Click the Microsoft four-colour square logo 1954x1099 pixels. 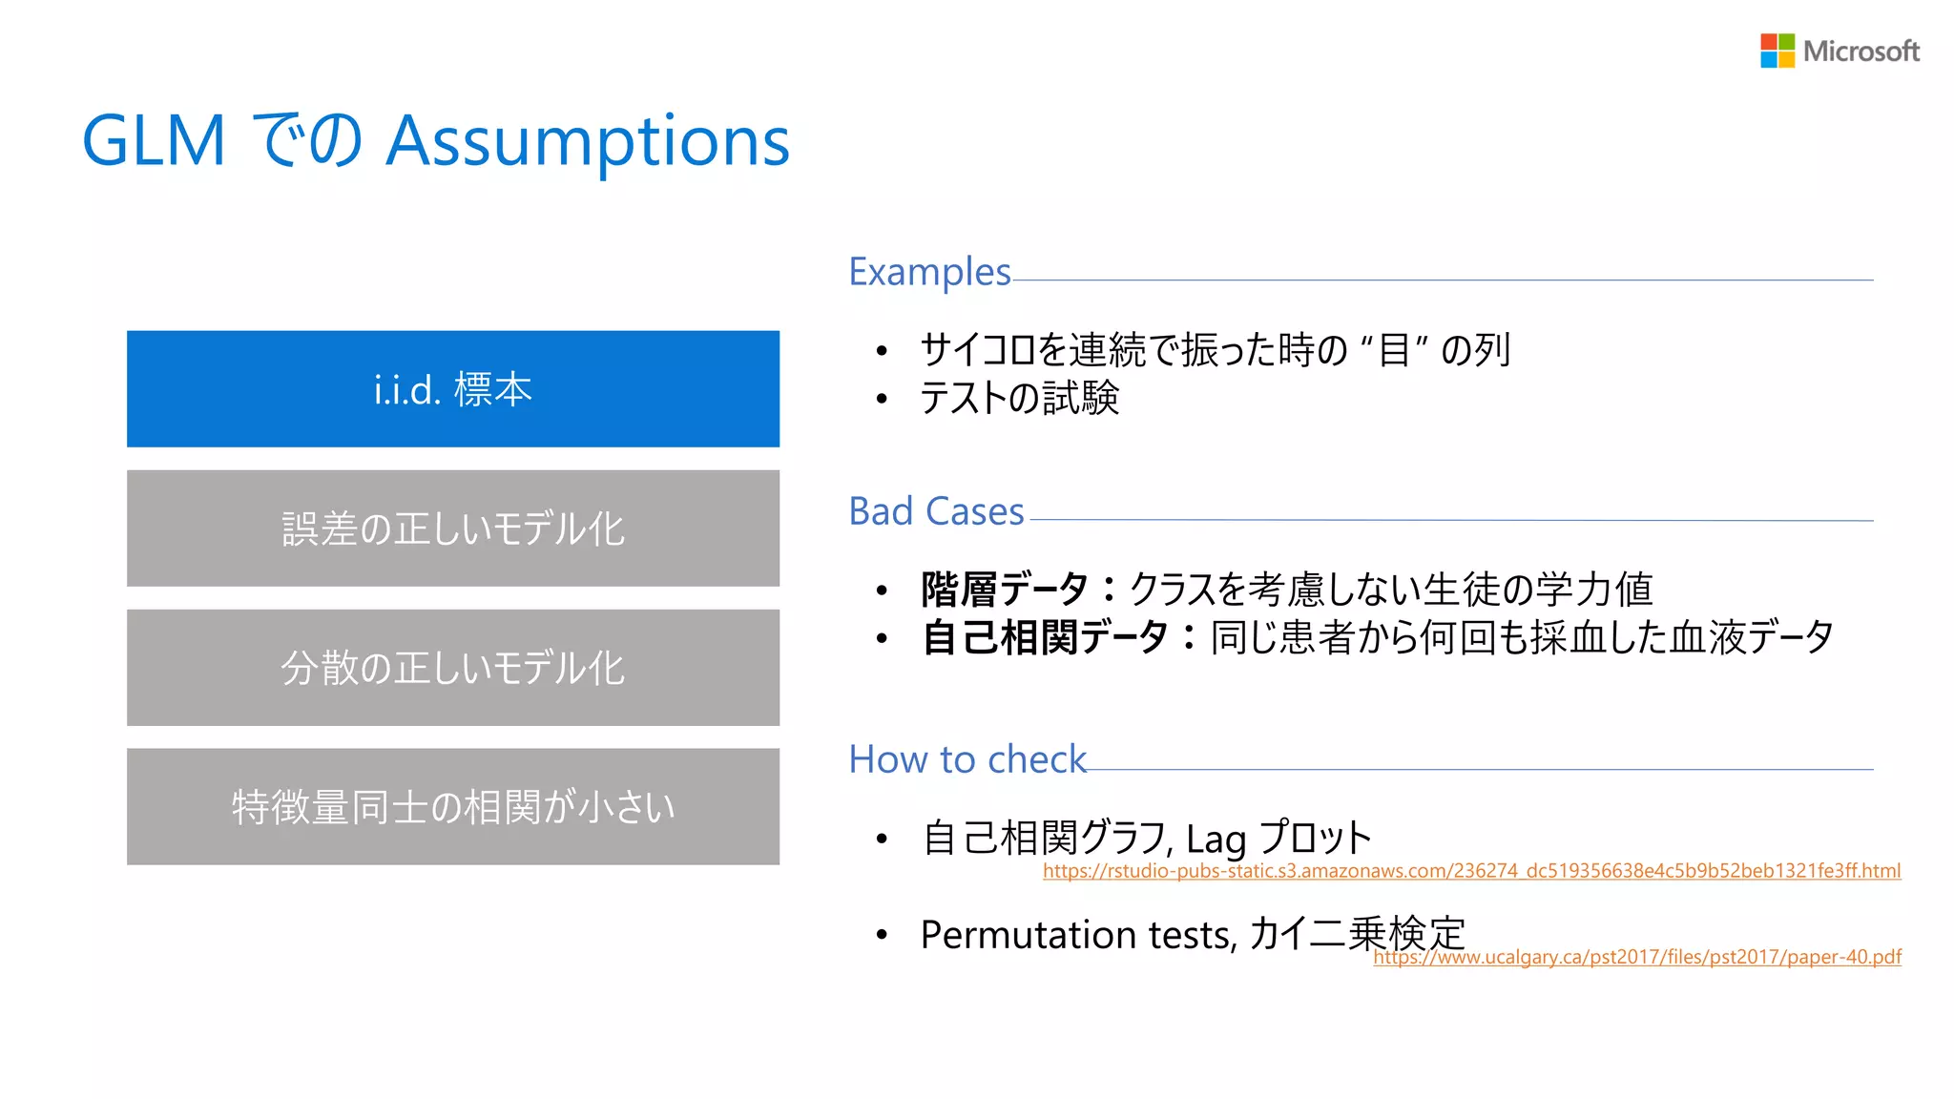pyautogui.click(x=1777, y=51)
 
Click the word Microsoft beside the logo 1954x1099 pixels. pyautogui.click(x=1860, y=52)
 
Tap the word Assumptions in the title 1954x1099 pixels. pyautogui.click(x=588, y=141)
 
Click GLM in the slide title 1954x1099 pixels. pyautogui.click(x=154, y=141)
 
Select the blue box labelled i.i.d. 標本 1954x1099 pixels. pyautogui.click(x=453, y=389)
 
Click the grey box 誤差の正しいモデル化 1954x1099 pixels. pyautogui.click(x=453, y=529)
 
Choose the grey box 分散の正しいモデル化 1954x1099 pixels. pyautogui.click(x=453, y=668)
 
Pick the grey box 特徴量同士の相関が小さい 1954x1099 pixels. pyautogui.click(x=453, y=807)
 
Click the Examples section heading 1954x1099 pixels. pyautogui.click(x=929, y=273)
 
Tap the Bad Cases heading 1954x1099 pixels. pyautogui.click(x=936, y=512)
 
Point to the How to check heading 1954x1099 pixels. pyautogui.click(x=967, y=760)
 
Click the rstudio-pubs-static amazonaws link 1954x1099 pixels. pyautogui.click(x=1471, y=871)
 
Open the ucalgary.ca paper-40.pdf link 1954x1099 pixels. pyautogui.click(x=1637, y=957)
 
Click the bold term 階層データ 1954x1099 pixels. pyautogui.click(x=1004, y=590)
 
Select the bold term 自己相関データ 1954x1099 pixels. pyautogui.click(x=1045, y=637)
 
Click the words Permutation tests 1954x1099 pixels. pyautogui.click(x=1077, y=935)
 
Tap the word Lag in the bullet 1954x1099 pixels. pyautogui.click(x=1216, y=840)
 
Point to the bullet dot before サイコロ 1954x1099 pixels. pyautogui.click(x=882, y=351)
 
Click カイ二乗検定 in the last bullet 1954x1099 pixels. pyautogui.click(x=1356, y=933)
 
